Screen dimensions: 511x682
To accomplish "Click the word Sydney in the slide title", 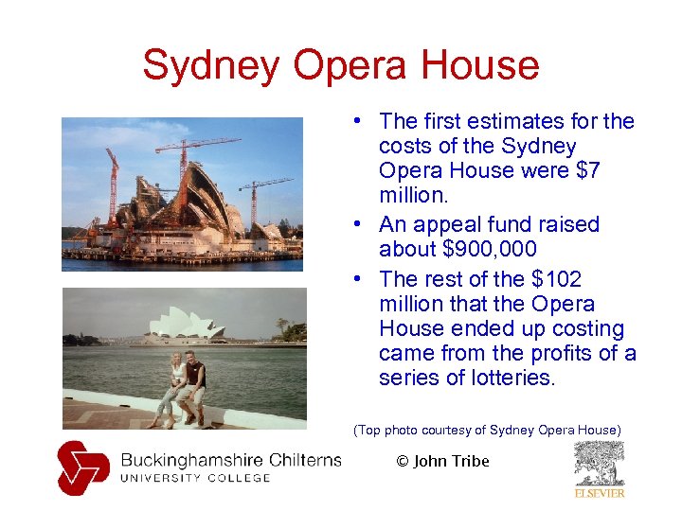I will pos(211,66).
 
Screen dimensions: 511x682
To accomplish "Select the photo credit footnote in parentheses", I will pos(487,431).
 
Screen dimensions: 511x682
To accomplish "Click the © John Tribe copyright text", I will pos(442,461).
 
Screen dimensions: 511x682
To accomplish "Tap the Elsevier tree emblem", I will pos(599,464).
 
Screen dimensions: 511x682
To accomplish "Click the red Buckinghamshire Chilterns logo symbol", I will pos(83,467).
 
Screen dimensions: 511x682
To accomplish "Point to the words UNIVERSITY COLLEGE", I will pos(195,478).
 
